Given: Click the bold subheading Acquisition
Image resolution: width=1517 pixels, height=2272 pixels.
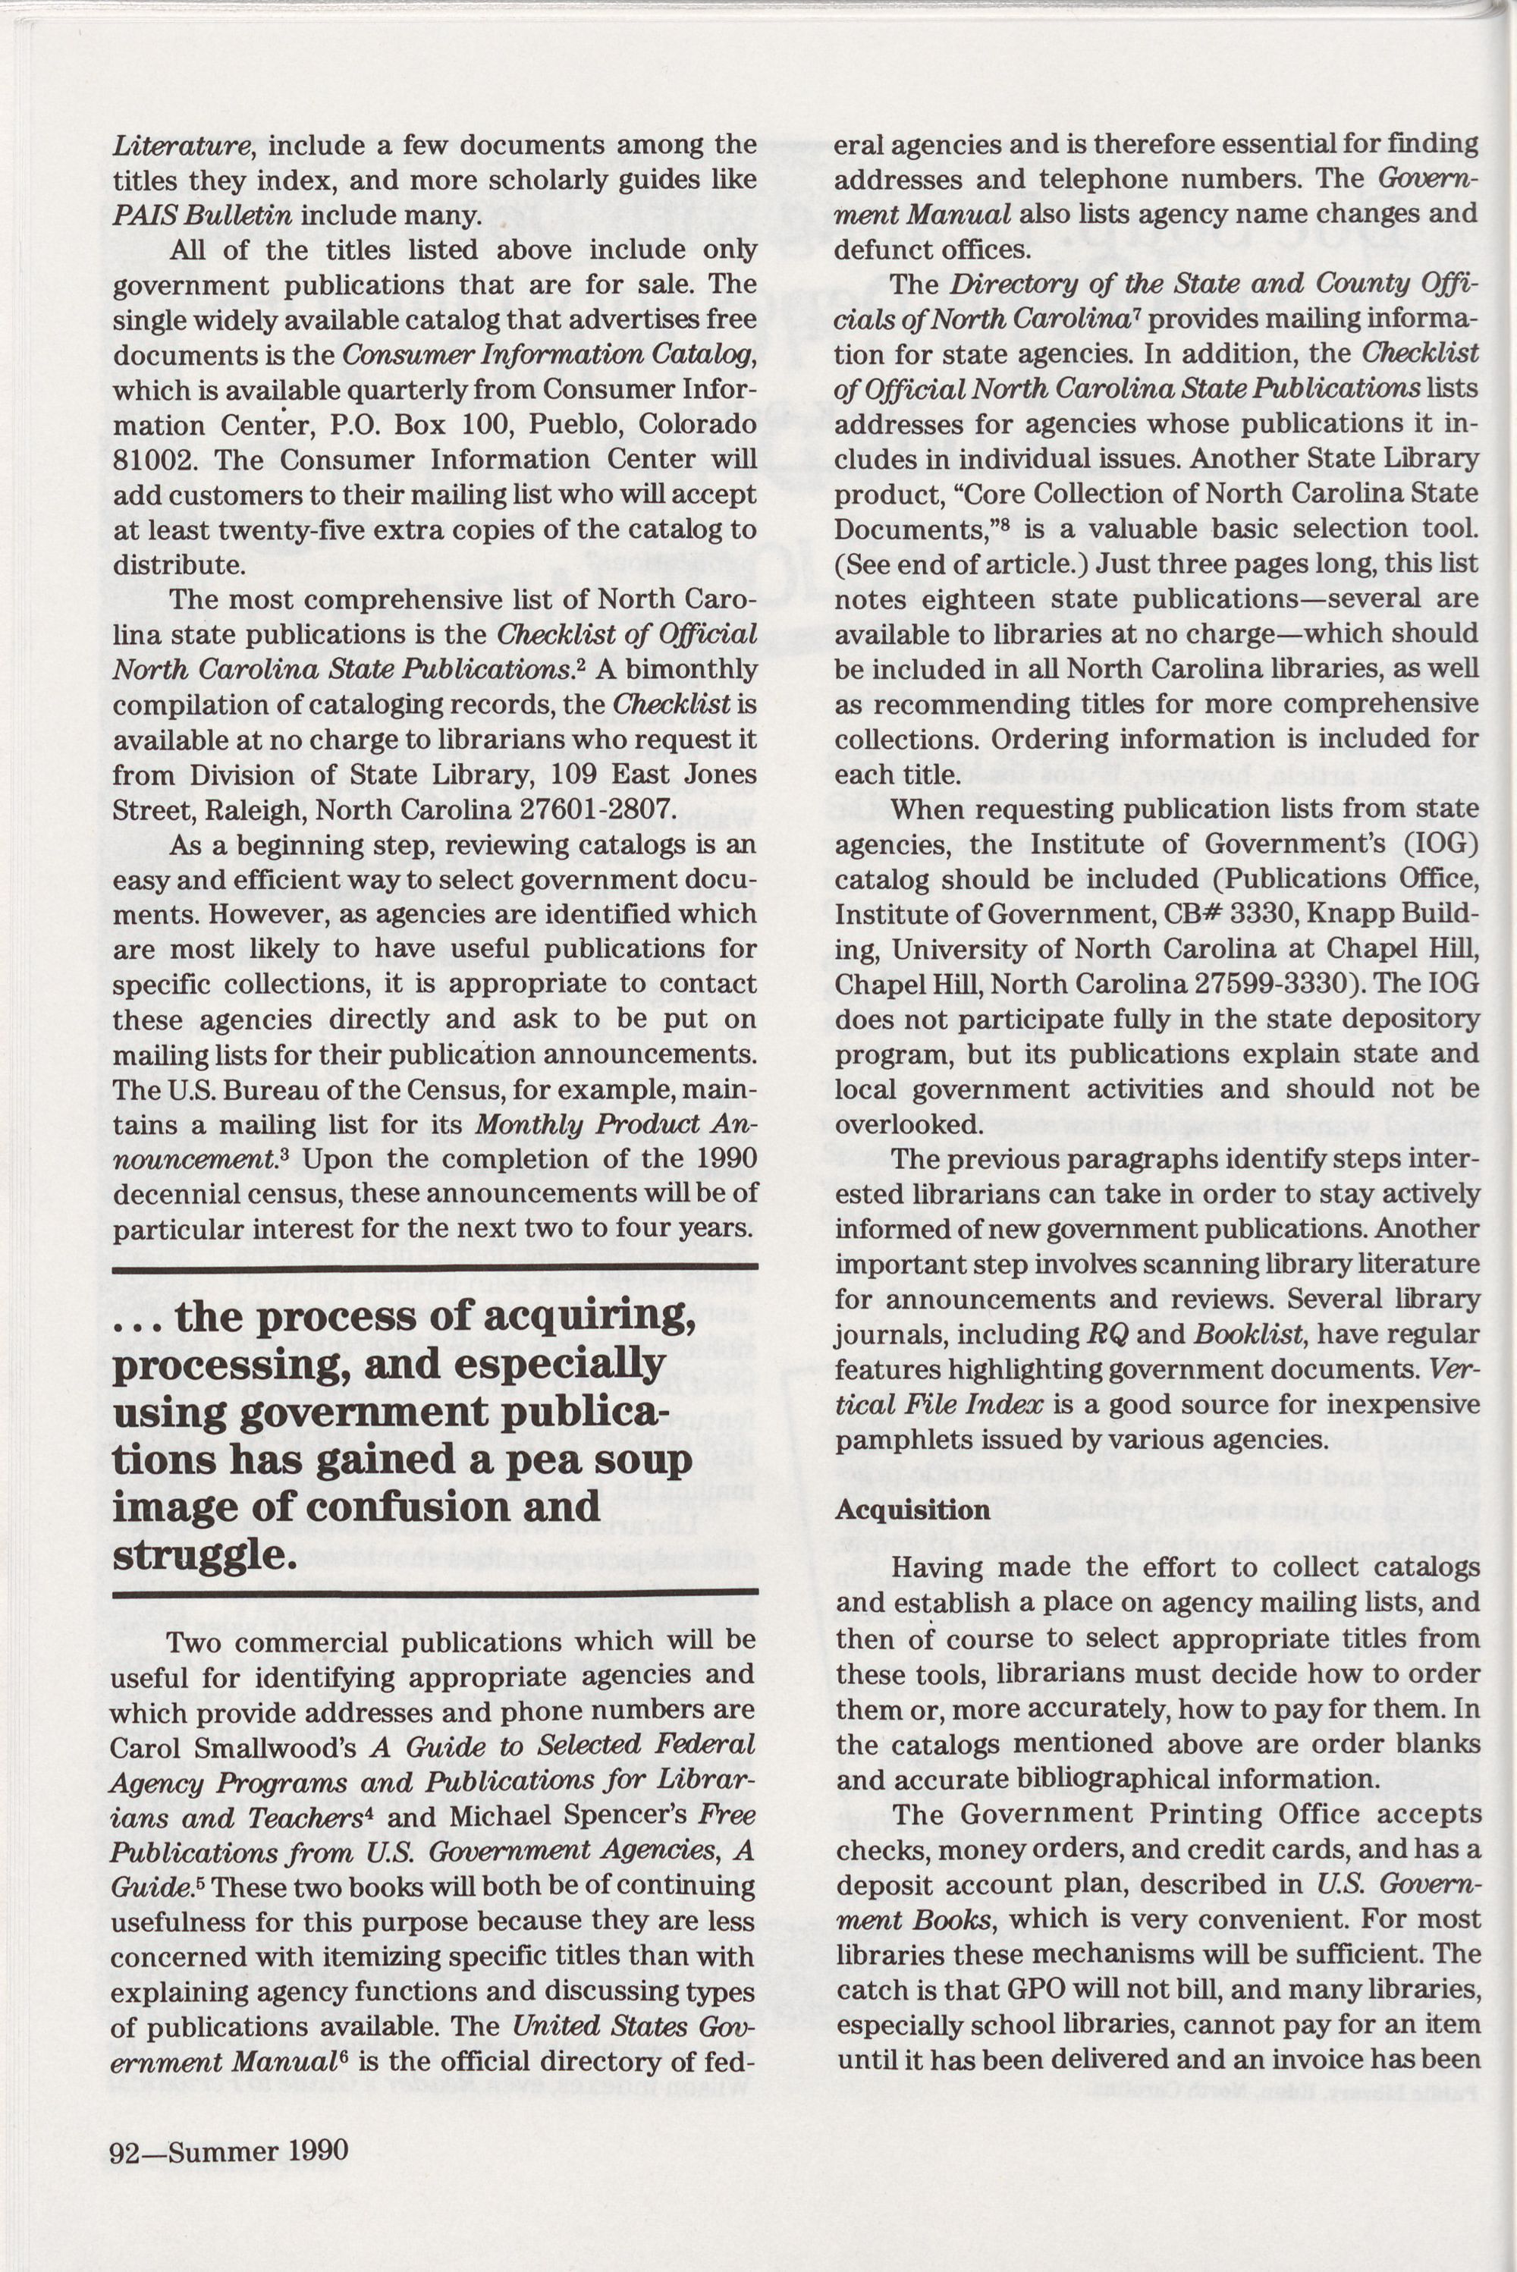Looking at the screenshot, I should (x=912, y=1510).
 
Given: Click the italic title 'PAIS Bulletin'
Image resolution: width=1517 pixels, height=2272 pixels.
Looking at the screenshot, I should (x=201, y=215).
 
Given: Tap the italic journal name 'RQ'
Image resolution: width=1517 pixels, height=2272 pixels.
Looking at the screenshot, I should (x=1101, y=1335).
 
